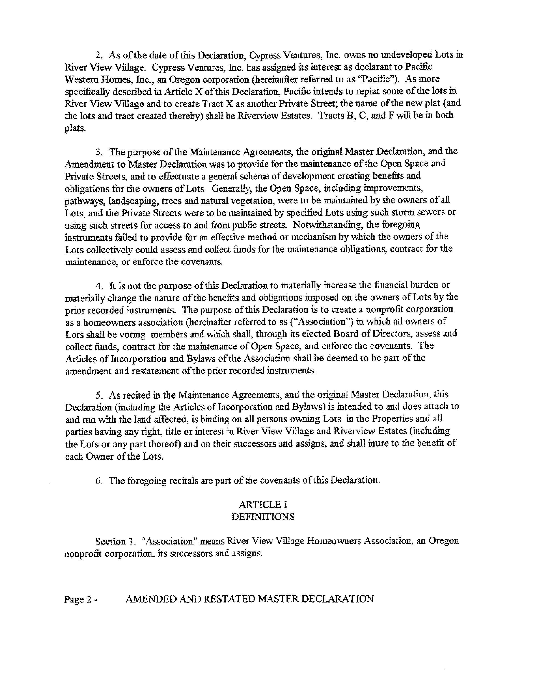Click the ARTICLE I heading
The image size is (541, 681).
pyautogui.click(x=263, y=504)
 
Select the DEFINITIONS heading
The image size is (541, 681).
pyautogui.click(x=263, y=517)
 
